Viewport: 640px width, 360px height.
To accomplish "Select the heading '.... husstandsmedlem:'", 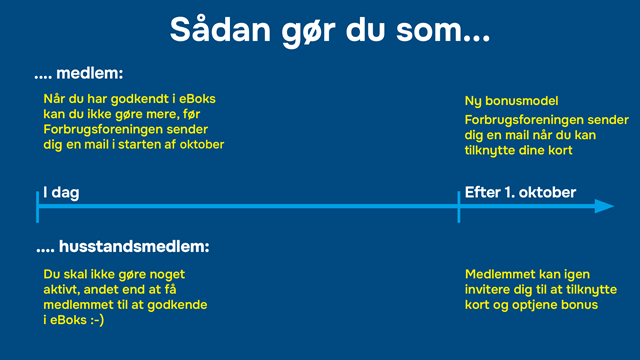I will coord(122,246).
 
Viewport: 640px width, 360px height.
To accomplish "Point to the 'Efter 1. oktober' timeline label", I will coord(520,192).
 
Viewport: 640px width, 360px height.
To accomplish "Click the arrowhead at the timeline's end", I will coord(603,206).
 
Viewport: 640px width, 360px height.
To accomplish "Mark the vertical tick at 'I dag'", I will coord(38,206).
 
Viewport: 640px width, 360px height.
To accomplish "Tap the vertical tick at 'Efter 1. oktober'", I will coord(459,206).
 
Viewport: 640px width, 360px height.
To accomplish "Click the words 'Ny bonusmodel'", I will coord(511,102).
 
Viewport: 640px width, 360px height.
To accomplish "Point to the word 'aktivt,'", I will coord(66,289).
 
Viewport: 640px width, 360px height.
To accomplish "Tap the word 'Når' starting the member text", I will coord(55,98).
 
